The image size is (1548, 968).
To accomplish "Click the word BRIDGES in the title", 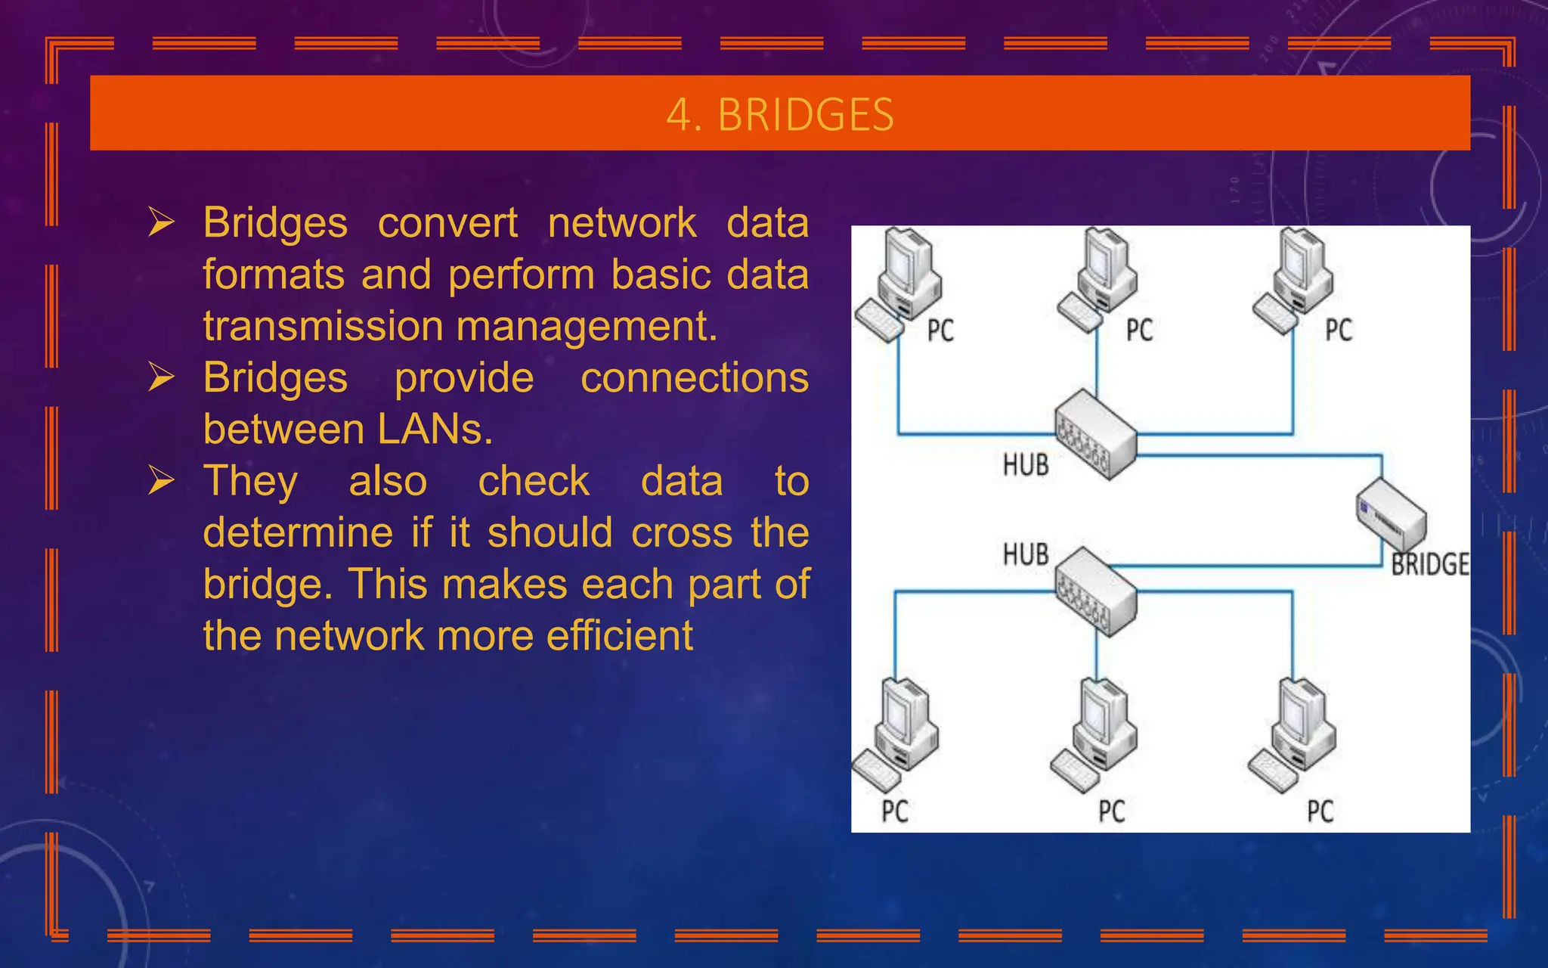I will pos(805,115).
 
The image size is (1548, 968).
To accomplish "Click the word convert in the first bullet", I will pos(447,223).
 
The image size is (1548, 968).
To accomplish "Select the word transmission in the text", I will pos(324,326).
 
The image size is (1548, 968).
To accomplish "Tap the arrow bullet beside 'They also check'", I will pos(162,480).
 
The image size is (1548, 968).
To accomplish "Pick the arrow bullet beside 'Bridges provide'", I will pos(162,377).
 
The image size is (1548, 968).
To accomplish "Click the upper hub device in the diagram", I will pos(1096,434).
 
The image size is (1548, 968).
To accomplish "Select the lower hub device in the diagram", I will pos(1096,591).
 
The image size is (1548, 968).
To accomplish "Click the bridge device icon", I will pos(1391,516).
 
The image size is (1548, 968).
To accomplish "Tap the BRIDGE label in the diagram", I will pos(1430,564).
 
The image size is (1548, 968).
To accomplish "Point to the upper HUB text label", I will pos(1026,464).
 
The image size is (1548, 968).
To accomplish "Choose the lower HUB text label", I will pos(1026,554).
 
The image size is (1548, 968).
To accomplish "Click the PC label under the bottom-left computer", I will pos(895,811).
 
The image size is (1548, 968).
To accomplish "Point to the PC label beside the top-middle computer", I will pos(1139,330).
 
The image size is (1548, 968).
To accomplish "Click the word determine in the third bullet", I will pos(298,532).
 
